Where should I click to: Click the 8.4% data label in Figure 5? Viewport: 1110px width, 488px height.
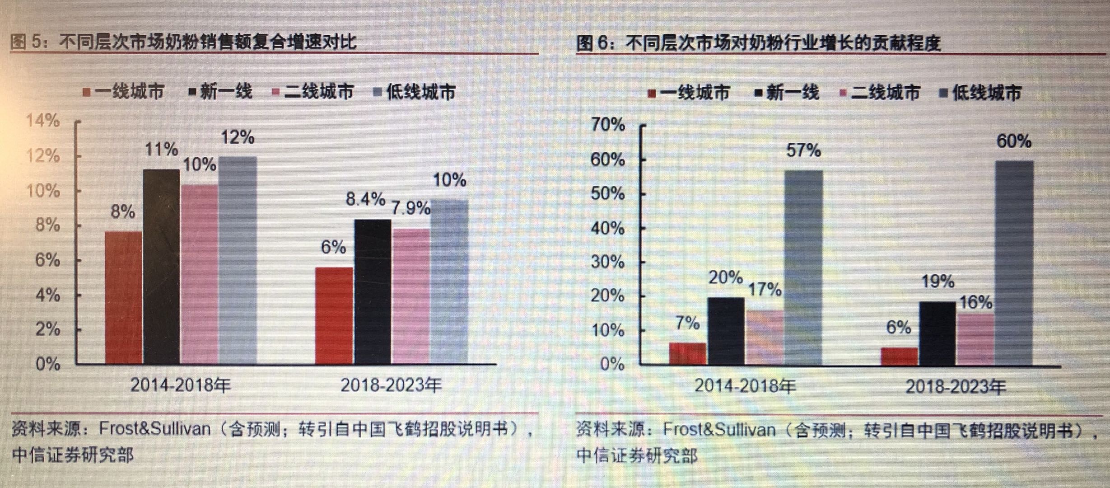pyautogui.click(x=365, y=199)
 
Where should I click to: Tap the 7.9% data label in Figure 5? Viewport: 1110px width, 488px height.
pyautogui.click(x=410, y=208)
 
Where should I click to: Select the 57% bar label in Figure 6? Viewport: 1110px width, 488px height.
pyautogui.click(x=803, y=150)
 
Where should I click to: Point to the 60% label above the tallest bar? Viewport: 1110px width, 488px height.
pyautogui.click(x=1014, y=141)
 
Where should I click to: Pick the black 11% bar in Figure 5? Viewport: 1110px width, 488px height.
pyautogui.click(x=161, y=267)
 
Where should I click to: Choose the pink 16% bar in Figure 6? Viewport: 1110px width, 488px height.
pyautogui.click(x=975, y=339)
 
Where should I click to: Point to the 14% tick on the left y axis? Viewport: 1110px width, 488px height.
pyautogui.click(x=43, y=121)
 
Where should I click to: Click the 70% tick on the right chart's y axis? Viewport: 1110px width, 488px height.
pyautogui.click(x=608, y=124)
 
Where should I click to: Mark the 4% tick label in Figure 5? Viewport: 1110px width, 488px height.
pyautogui.click(x=47, y=296)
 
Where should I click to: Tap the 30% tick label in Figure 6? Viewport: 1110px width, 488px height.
pyautogui.click(x=608, y=262)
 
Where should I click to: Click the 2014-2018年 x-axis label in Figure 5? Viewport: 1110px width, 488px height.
pyautogui.click(x=181, y=385)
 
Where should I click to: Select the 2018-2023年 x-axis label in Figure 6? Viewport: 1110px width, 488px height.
pyautogui.click(x=956, y=387)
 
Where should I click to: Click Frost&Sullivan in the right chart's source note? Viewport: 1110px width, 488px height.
pyautogui.click(x=718, y=429)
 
